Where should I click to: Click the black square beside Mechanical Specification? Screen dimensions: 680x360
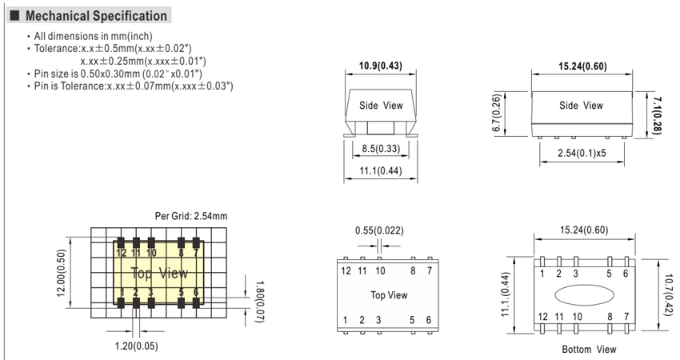(x=14, y=16)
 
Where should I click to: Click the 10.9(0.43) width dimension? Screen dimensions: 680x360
(x=380, y=66)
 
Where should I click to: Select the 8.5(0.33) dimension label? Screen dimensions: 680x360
(x=381, y=149)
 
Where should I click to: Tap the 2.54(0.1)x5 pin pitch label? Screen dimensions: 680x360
(x=582, y=153)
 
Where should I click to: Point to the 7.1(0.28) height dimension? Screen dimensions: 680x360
(x=657, y=115)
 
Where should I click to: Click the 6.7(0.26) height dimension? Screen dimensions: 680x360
(x=497, y=113)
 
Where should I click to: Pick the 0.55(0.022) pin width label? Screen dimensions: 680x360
(x=379, y=230)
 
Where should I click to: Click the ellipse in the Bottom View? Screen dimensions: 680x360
(x=585, y=295)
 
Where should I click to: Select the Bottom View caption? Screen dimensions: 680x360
(x=589, y=349)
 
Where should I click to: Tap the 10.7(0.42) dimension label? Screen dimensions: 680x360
(x=668, y=295)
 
